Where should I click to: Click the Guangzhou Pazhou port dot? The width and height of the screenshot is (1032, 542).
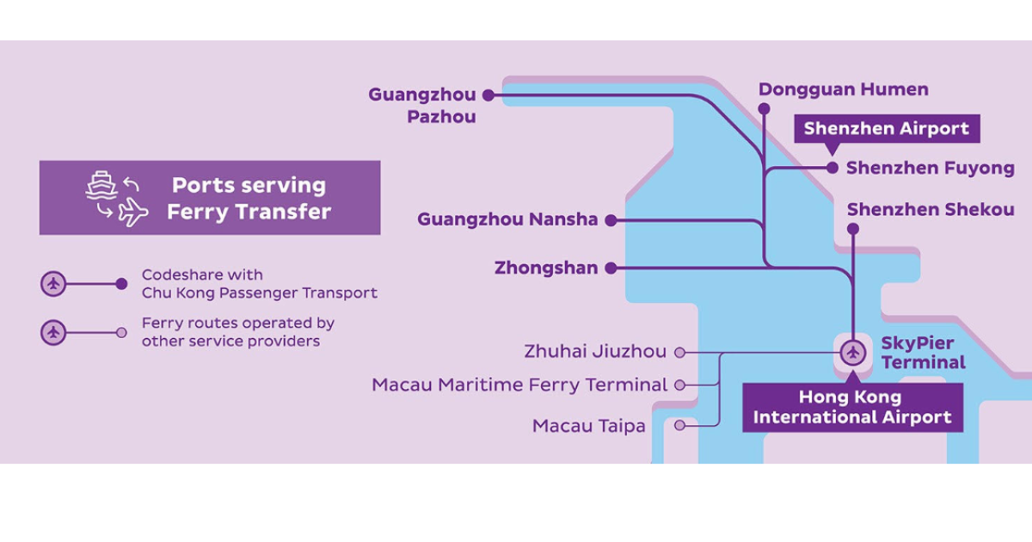tap(488, 95)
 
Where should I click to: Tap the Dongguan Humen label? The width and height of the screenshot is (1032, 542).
tap(843, 89)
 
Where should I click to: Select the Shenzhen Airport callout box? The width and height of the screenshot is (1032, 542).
tap(886, 129)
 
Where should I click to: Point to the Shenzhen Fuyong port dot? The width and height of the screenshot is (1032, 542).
tap(832, 168)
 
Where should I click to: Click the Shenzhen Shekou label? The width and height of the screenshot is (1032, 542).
tap(930, 210)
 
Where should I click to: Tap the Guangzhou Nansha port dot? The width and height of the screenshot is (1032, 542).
tap(611, 220)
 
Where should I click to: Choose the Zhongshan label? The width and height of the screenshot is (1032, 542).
tap(546, 268)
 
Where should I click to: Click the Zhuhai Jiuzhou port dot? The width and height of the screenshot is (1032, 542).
tap(679, 353)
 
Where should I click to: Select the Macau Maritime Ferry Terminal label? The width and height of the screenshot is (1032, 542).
tap(519, 385)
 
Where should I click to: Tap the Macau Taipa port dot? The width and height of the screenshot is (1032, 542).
tap(679, 425)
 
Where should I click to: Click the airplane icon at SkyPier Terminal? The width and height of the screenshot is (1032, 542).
tap(852, 353)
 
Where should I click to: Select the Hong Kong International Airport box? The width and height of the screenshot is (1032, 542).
tap(852, 408)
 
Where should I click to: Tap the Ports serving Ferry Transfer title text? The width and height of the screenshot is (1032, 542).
tap(249, 198)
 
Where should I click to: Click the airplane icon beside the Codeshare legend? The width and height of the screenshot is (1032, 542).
tap(54, 284)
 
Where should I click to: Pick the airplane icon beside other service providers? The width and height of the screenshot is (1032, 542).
tap(54, 332)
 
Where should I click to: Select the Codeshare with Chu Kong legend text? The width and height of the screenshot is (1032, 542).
tap(259, 284)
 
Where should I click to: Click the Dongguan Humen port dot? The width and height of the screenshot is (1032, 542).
tap(764, 108)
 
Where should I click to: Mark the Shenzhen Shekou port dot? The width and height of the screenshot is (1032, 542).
tap(852, 229)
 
